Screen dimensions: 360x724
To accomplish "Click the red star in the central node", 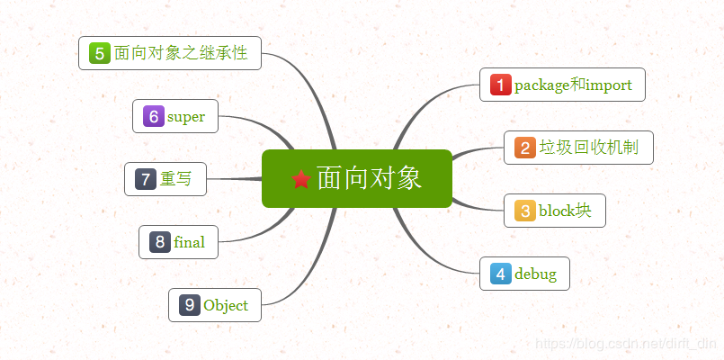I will (301, 179).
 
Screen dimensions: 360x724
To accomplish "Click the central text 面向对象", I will (369, 178).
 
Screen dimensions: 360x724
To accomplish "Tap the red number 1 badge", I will (501, 85).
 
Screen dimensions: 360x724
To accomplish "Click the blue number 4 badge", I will (501, 274).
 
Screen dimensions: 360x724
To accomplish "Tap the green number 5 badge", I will (100, 54).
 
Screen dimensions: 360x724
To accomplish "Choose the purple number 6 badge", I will (154, 116).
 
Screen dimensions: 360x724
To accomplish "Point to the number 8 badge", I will (160, 242).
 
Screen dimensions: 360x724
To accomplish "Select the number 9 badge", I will (190, 305).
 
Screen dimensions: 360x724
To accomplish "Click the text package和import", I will (573, 85).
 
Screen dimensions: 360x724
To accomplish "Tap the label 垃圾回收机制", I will (588, 148).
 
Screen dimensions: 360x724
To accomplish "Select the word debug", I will (535, 274).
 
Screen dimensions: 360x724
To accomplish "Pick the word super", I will (186, 116).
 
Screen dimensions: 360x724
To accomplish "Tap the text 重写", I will (176, 179).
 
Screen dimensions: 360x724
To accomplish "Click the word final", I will (190, 242).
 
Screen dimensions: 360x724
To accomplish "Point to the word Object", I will (226, 305).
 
